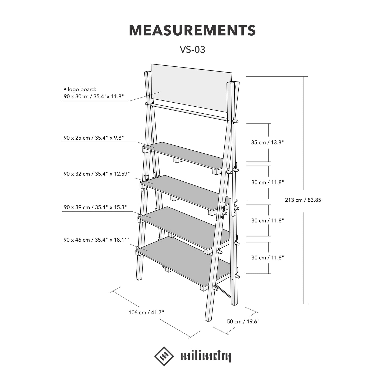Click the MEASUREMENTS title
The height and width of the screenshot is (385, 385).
(192, 31)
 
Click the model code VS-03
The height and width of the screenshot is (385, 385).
(192, 50)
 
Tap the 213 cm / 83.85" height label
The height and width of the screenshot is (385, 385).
(304, 200)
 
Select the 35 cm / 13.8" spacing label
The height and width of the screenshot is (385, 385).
(267, 143)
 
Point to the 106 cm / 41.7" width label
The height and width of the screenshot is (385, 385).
(146, 312)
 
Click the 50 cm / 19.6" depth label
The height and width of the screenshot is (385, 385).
(243, 321)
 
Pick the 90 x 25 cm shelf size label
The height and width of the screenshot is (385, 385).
(94, 138)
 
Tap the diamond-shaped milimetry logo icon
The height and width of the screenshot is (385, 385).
(164, 356)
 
